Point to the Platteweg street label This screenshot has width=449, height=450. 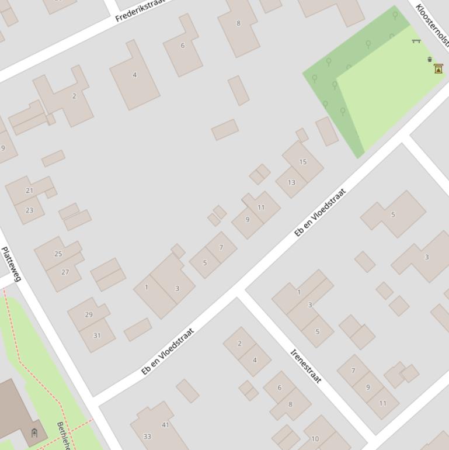pyautogui.click(x=11, y=265)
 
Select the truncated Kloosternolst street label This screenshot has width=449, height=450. pyautogui.click(x=433, y=25)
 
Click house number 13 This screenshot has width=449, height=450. pyautogui.click(x=291, y=182)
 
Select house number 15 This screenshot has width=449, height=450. pyautogui.click(x=302, y=162)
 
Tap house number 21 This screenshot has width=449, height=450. pyautogui.click(x=30, y=191)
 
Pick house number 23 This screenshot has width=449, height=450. pyautogui.click(x=30, y=210)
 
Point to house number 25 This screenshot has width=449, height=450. pyautogui.click(x=58, y=254)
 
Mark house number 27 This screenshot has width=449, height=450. pyautogui.click(x=65, y=272)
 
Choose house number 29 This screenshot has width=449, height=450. pyautogui.click(x=89, y=314)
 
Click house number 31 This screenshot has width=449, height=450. pyautogui.click(x=96, y=335)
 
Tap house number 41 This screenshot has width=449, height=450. pyautogui.click(x=165, y=425)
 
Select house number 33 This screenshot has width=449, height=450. pyautogui.click(x=147, y=437)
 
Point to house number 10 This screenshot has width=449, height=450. pyautogui.click(x=315, y=439)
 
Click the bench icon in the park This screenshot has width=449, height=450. pyautogui.click(x=416, y=41)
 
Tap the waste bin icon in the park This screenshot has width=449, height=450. pyautogui.click(x=430, y=59)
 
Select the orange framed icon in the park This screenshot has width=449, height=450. pyautogui.click(x=438, y=69)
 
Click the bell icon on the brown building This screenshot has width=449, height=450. pyautogui.click(x=34, y=433)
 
